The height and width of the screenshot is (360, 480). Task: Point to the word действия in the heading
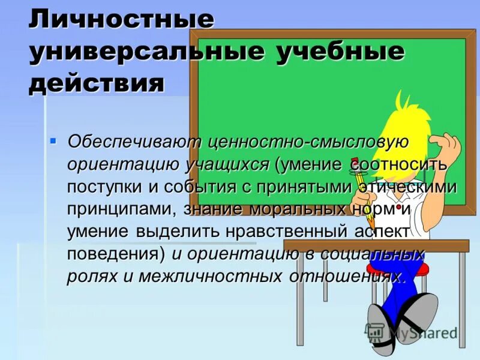pos(96,83)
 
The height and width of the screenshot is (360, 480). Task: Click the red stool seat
pos(414,269)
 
